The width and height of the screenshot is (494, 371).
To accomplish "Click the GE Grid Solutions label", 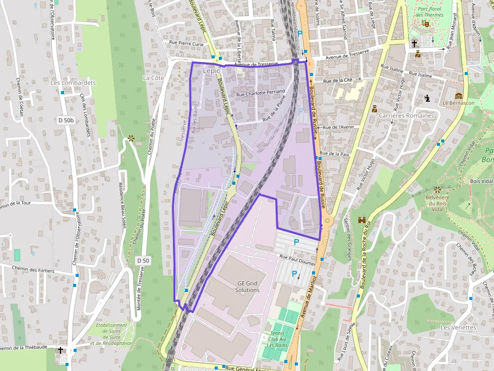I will [248, 286].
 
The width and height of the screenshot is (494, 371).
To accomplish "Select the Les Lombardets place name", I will [73, 83].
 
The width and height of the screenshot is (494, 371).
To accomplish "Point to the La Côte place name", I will [154, 78].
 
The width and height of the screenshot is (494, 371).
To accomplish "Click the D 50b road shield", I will [66, 120].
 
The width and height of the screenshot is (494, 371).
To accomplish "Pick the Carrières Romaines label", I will [406, 116].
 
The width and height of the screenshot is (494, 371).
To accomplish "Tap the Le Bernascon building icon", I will [459, 96].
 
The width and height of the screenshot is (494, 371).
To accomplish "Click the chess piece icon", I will [427, 98].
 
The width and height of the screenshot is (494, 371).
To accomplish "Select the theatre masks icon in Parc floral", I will [425, 23].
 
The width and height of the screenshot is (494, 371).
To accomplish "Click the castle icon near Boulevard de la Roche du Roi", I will [362, 220].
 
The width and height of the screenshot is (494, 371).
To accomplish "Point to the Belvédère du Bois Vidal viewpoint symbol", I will [437, 190].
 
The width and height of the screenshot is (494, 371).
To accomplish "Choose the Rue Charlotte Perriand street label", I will [261, 93].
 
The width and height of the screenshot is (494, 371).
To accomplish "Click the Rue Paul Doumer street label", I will [297, 259].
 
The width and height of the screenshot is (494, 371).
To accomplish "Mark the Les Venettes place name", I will [458, 327].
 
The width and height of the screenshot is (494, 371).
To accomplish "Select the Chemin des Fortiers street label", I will [36, 269].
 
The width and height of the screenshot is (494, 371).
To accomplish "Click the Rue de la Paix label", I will [335, 154].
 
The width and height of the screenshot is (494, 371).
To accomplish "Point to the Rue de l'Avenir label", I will [339, 127].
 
